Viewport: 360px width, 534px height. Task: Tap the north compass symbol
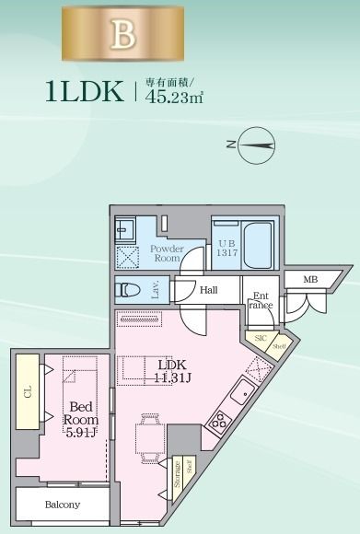click(255, 144)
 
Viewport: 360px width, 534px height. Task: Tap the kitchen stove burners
click(219, 423)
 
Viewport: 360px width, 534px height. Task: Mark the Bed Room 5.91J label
click(80, 419)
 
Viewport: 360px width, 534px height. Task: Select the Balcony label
click(63, 505)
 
